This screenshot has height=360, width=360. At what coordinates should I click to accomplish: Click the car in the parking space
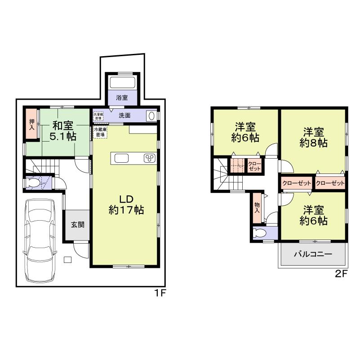40,240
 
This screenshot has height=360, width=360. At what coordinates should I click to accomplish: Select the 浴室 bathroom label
122,97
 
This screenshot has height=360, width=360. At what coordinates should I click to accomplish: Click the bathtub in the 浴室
122,82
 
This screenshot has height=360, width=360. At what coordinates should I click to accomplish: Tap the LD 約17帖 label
126,204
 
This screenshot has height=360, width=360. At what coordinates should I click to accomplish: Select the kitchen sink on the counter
122,158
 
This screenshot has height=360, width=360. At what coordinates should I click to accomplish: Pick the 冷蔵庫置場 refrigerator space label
100,132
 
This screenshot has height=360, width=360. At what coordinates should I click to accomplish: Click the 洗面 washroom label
124,115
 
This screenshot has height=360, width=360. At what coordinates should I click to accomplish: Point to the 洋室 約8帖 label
313,138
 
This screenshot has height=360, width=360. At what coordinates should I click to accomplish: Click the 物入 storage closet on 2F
257,207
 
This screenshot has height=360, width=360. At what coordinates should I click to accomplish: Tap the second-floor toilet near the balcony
258,233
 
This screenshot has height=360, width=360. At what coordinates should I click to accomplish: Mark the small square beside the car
67,259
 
